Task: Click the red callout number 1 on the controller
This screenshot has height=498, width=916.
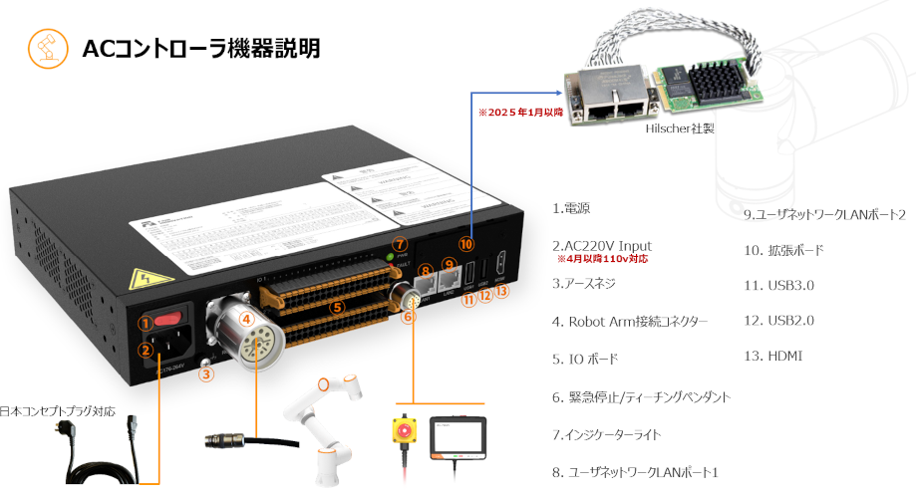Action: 146,323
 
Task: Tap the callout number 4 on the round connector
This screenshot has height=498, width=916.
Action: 247,319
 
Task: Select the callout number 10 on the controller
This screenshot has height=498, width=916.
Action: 466,242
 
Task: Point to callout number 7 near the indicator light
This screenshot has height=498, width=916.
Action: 399,244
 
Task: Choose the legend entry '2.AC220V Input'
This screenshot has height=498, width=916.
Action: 602,245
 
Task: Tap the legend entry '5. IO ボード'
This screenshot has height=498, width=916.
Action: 585,359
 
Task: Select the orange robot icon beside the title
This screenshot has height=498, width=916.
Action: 44,48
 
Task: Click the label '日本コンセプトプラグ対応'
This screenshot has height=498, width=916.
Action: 59,410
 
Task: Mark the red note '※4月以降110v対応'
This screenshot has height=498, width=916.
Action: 602,259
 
